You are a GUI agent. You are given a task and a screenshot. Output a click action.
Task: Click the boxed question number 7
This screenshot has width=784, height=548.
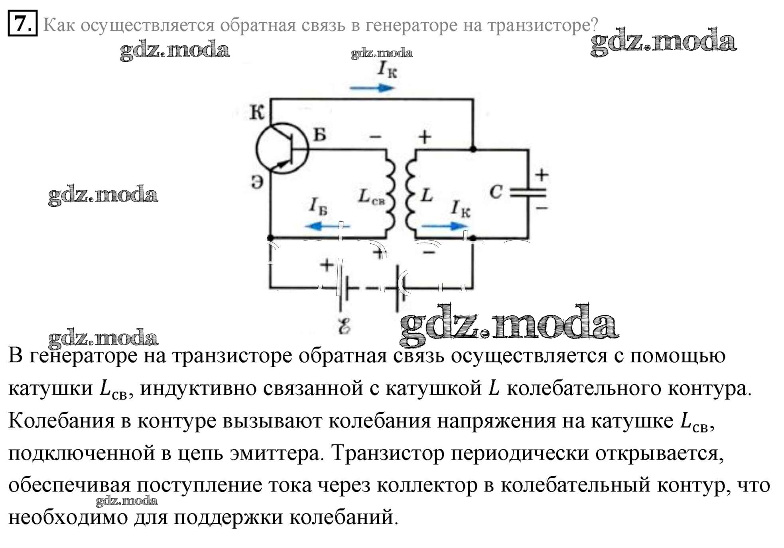point(23,23)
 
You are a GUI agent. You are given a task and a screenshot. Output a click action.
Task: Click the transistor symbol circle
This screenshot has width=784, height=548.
point(282,149)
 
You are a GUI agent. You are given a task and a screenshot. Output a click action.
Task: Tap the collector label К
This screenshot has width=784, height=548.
point(257,112)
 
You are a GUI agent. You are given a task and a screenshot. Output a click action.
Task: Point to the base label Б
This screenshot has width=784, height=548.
point(320,135)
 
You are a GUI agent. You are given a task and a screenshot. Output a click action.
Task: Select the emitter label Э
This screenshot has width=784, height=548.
point(257,182)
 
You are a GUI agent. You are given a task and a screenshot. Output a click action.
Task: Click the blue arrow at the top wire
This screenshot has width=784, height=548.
point(372,88)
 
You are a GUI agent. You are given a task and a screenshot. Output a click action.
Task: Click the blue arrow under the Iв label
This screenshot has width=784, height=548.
point(327,226)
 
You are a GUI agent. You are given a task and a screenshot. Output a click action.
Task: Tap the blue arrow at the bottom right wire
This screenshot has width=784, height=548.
point(444,226)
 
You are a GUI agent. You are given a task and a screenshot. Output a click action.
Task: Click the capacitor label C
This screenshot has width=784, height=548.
point(496,192)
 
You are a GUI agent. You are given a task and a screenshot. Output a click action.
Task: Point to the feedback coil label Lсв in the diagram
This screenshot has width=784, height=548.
point(371,197)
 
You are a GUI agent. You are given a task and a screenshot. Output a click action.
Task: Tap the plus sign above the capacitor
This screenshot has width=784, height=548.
point(542,174)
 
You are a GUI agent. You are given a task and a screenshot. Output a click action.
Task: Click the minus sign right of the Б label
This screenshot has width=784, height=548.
point(375,137)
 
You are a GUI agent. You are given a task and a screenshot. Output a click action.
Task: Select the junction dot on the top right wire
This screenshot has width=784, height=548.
point(473,149)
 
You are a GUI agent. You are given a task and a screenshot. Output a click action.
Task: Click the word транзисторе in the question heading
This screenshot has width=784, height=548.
point(543,25)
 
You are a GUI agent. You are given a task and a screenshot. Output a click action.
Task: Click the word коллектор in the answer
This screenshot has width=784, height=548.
point(427,485)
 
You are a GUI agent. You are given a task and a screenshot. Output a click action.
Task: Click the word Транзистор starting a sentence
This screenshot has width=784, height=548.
point(388,453)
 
